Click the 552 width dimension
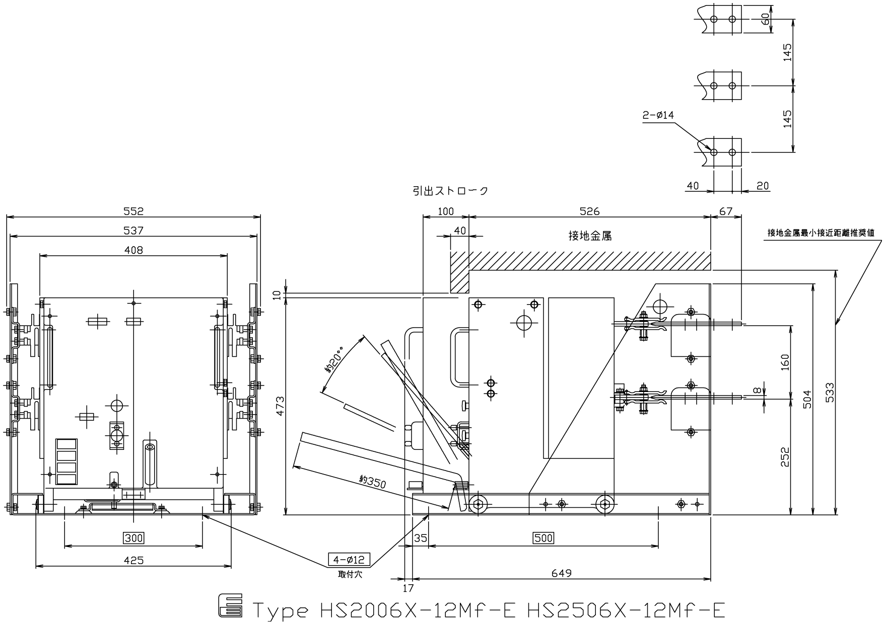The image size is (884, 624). pos(133,211)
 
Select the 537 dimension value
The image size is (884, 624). pos(133,230)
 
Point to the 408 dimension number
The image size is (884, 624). pos(133,250)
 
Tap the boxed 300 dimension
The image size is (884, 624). pos(134,538)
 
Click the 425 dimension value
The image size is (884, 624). pos(133,560)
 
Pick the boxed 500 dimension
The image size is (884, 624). pos(543,538)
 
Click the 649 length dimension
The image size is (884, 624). pos(562,573)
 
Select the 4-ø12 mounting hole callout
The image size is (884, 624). pos(349,559)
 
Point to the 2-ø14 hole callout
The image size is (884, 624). pos(658,115)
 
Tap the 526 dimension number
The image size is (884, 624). pos(589,211)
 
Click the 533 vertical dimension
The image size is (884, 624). pos(830,393)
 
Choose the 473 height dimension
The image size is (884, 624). pos(280,407)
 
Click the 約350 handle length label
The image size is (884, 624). pos(373,482)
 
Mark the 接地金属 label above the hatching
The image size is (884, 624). pos(590,236)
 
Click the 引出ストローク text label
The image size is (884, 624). pos(450,191)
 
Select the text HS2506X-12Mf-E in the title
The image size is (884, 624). pos(626,610)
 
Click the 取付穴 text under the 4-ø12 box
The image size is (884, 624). pos(350,574)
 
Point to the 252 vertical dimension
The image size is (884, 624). pos(785,456)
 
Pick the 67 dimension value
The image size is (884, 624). pos(726,211)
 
